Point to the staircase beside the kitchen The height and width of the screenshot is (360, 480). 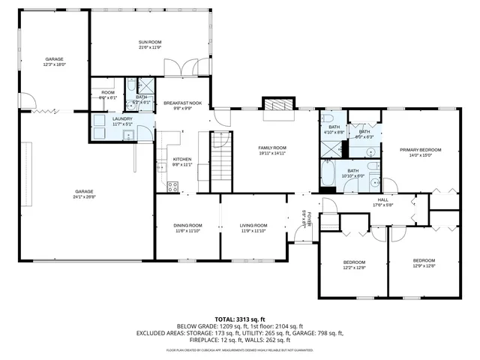click(219, 162)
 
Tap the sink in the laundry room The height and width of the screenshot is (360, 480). click(127, 136)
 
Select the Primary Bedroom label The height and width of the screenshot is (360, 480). click(420, 150)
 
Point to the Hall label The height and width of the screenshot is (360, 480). click(382, 199)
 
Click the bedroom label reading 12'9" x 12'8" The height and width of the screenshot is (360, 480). click(424, 262)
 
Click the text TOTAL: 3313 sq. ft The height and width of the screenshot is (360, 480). click(240, 319)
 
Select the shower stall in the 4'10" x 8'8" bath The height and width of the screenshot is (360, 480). click(328, 148)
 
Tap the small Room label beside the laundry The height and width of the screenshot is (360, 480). click(107, 93)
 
